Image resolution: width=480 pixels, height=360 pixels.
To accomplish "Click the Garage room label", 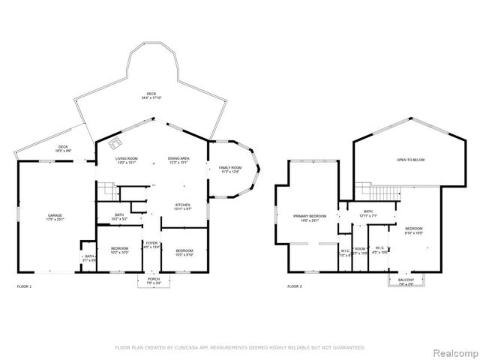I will pos(51,217).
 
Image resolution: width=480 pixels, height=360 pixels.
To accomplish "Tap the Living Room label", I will pos(126,160).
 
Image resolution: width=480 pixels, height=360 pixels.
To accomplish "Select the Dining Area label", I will pos(178,160).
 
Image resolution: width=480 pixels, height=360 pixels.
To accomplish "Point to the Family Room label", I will pos(230,169).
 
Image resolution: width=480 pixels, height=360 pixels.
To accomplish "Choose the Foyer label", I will pos(151,244).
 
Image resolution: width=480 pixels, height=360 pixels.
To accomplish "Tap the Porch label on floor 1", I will pos(154,280).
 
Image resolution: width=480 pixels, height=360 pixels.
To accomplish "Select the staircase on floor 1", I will pos(109,193).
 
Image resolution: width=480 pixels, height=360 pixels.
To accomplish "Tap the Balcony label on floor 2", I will pos(406,280).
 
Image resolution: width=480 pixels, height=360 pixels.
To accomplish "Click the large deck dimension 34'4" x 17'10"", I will pos(151,97).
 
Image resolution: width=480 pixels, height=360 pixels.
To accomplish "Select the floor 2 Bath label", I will pos(367,212).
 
